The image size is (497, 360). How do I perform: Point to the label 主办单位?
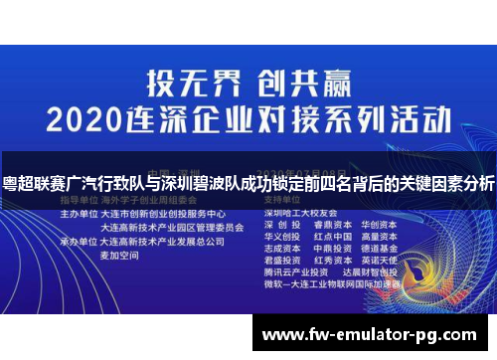click(x=78, y=214)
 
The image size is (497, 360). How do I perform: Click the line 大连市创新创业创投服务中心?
click(x=162, y=214)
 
